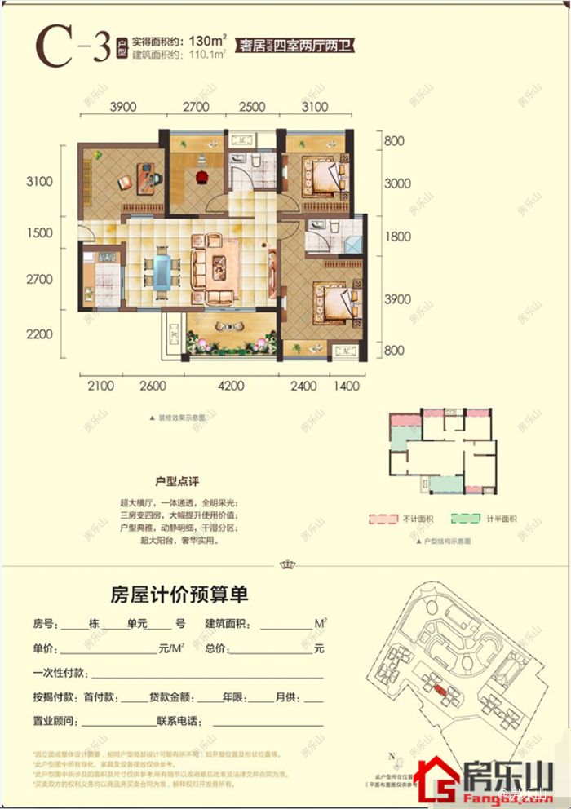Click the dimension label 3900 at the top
click(x=122, y=107)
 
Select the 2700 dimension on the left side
click(x=39, y=279)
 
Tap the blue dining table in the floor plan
click(x=162, y=272)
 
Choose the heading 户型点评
click(x=178, y=482)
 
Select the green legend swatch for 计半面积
click(x=464, y=519)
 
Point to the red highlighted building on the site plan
click(x=440, y=689)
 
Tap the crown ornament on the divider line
click(x=285, y=564)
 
